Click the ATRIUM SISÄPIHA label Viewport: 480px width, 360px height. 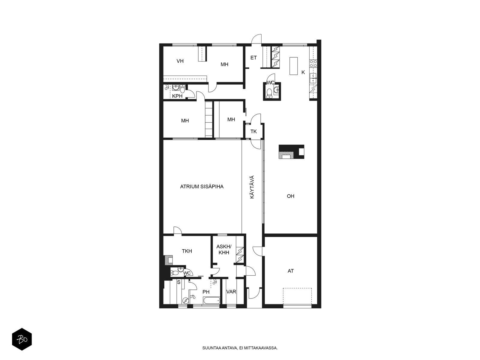point(202,186)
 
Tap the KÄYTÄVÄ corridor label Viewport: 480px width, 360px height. point(252,187)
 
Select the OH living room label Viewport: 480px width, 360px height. point(290,196)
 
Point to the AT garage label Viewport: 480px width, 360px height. point(290,271)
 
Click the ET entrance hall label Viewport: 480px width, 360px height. point(253,58)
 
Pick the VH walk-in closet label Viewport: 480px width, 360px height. point(180,61)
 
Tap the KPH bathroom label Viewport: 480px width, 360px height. point(177,96)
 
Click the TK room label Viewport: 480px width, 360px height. point(253,131)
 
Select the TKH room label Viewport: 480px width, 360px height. point(187,251)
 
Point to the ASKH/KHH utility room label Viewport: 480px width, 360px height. point(224,250)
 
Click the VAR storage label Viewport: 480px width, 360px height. point(231,292)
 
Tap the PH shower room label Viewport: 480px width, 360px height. point(206,292)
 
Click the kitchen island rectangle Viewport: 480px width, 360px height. point(294,66)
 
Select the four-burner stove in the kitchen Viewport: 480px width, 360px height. point(313,63)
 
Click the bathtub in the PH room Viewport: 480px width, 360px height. point(211,300)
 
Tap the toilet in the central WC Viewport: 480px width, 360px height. point(269,93)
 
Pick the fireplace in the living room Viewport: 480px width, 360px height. point(291,152)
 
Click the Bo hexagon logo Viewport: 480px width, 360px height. point(22,339)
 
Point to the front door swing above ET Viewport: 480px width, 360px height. point(256,39)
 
